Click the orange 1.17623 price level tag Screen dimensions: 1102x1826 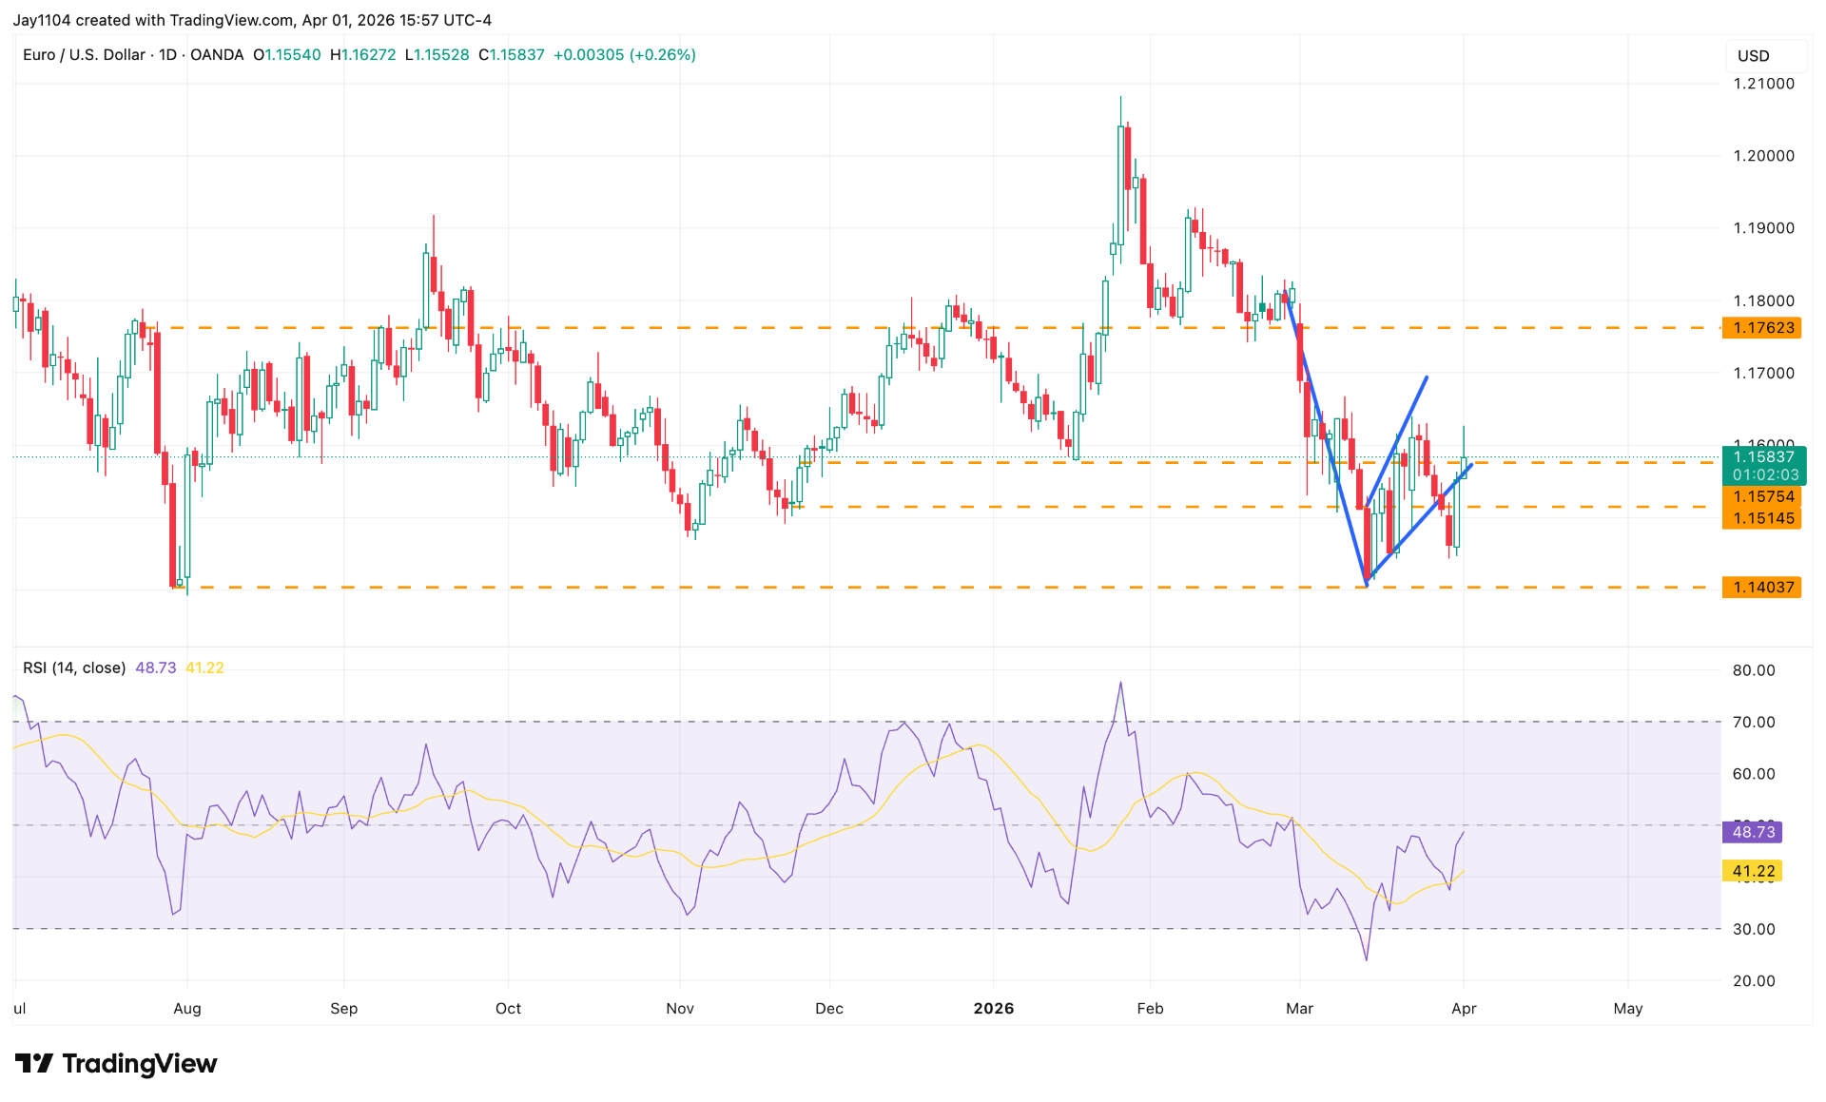click(x=1762, y=328)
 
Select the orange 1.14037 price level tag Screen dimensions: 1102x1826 click(x=1762, y=588)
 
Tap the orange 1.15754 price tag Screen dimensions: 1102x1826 click(x=1762, y=496)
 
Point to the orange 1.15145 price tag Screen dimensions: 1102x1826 click(x=1762, y=518)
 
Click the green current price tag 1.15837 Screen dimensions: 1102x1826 click(x=1762, y=457)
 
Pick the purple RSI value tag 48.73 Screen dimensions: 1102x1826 click(x=1753, y=832)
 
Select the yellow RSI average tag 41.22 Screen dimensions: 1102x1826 click(x=1753, y=871)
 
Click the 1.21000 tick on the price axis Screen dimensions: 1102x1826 click(x=1763, y=84)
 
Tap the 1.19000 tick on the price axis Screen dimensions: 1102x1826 click(x=1763, y=228)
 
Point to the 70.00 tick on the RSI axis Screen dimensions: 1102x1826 click(x=1753, y=722)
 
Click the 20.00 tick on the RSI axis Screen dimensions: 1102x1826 click(x=1753, y=980)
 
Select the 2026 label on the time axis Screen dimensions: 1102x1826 click(x=994, y=1008)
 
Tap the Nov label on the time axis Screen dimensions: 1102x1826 click(x=680, y=1008)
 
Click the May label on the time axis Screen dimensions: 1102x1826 click(x=1627, y=1008)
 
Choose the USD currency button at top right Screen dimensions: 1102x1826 click(x=1753, y=56)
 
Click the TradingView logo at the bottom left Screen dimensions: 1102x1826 click(x=116, y=1063)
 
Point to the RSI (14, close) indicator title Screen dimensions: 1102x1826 click(x=74, y=667)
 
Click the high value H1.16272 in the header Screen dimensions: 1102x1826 click(x=362, y=55)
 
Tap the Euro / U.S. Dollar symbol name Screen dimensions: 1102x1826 click(x=84, y=55)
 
